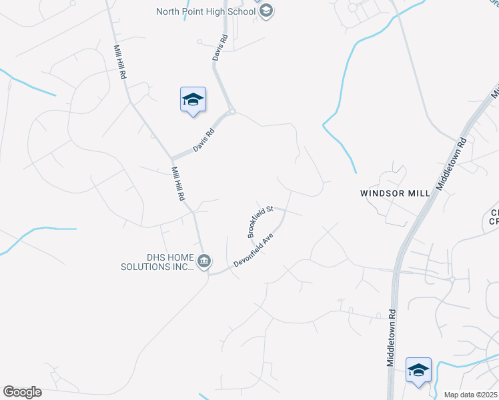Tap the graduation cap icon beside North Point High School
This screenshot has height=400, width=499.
[266, 11]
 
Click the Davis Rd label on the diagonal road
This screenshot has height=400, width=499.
[203, 140]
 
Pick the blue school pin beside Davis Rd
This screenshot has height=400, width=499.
[193, 100]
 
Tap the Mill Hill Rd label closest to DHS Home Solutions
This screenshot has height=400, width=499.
[177, 184]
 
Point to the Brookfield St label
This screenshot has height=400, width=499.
[260, 221]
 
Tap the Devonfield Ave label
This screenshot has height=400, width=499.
[254, 251]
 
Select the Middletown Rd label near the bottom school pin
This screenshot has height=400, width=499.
[391, 337]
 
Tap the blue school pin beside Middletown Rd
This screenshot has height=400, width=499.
[418, 370]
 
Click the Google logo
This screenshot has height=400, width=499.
[22, 392]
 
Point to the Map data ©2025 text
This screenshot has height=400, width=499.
[471, 395]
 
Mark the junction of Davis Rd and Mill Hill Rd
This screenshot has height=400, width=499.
[172, 159]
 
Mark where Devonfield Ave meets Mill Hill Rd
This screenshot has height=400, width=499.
[207, 273]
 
